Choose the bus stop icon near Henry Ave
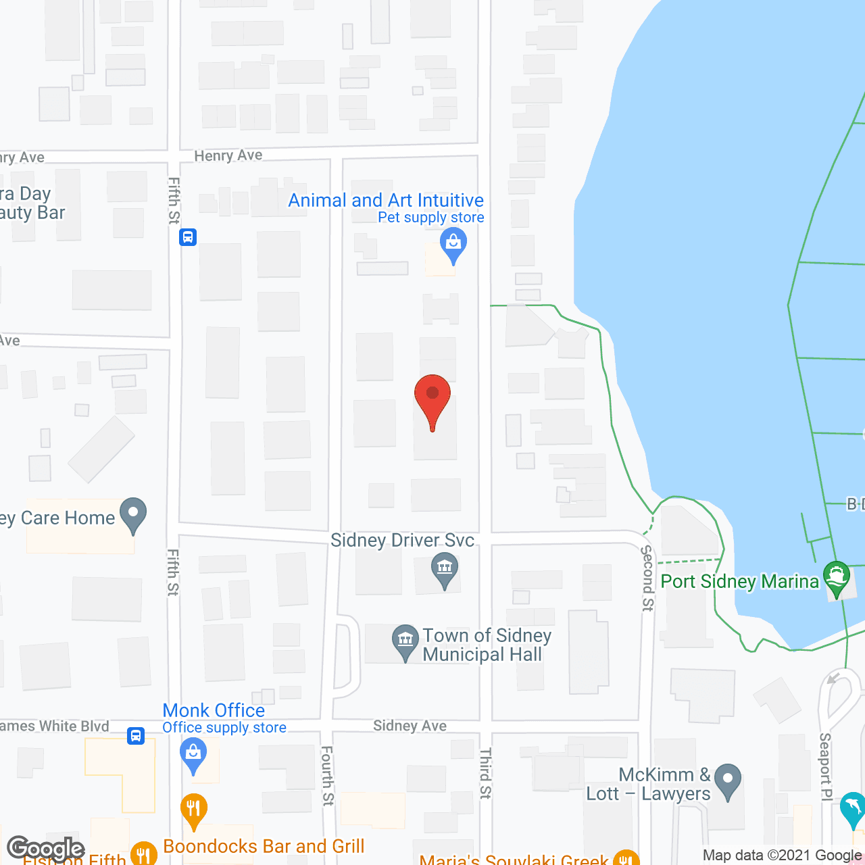(188, 237)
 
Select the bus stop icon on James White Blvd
(136, 735)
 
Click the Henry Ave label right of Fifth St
(228, 155)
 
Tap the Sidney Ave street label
(410, 726)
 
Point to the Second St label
(647, 578)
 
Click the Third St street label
(485, 773)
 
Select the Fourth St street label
(327, 775)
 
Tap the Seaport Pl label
(826, 766)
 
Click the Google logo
(45, 848)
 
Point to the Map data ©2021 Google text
(782, 856)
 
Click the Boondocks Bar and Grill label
(264, 846)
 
